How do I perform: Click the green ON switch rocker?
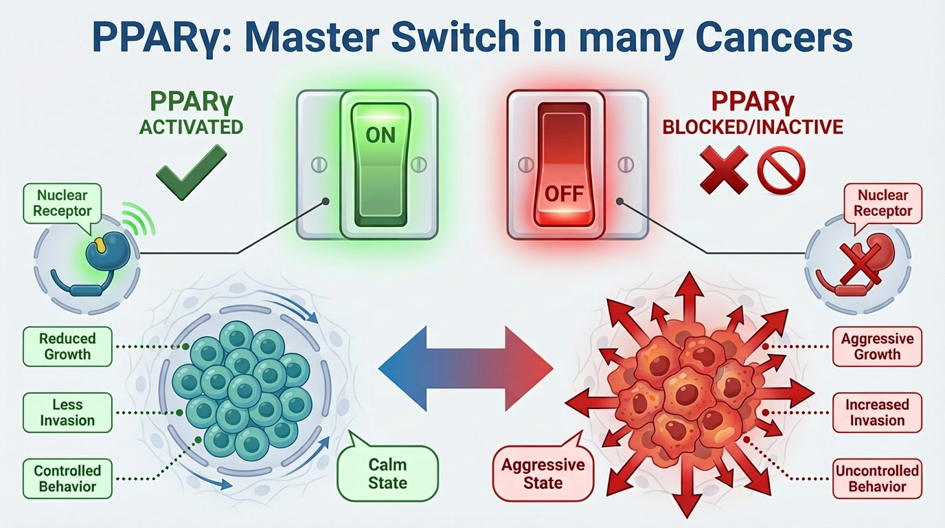coord(380,164)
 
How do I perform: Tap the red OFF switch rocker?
coord(563,165)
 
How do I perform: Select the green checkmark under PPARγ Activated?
coord(191,171)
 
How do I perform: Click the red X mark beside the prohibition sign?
coord(724,170)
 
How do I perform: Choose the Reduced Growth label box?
coord(67,346)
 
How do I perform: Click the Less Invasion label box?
coord(67,412)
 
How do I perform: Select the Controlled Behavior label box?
coord(67,478)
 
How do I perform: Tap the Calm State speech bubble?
coord(388,473)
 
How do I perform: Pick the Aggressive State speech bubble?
coord(543,473)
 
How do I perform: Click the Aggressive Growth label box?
coord(877,346)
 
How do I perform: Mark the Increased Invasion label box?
coord(877,412)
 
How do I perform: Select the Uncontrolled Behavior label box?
coord(877,478)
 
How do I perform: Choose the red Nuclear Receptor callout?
coord(883,203)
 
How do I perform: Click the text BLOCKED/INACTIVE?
coord(752,128)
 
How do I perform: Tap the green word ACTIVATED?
coord(191,127)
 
